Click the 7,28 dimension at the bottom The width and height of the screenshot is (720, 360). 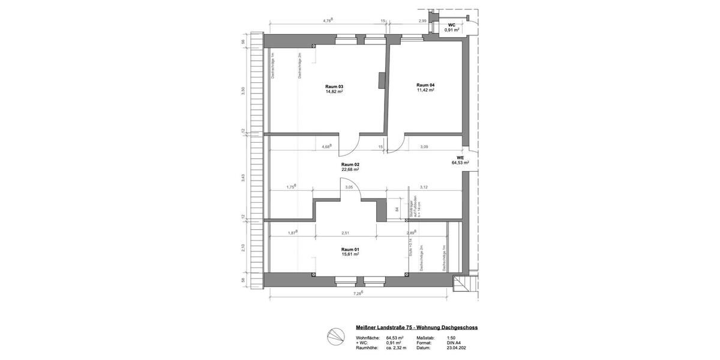tap(358, 293)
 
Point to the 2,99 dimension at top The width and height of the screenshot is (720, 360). tap(422, 21)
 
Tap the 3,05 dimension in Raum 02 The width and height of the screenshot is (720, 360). tap(349, 187)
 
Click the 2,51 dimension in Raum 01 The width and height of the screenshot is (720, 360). tap(345, 233)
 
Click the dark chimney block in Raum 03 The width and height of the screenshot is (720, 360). tap(381, 80)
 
